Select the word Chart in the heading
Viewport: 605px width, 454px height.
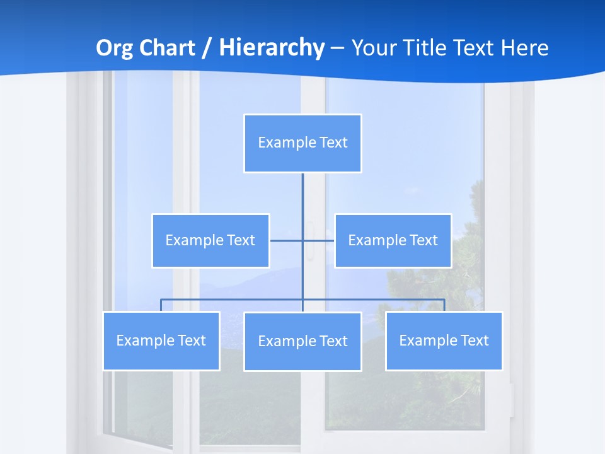tap(164, 48)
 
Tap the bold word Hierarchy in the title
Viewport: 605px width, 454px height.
tap(271, 48)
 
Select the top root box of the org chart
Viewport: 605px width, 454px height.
tap(302, 143)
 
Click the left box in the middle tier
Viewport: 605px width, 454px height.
tap(210, 240)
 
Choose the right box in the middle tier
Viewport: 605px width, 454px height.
tap(393, 240)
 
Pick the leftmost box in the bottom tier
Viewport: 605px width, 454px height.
tap(161, 340)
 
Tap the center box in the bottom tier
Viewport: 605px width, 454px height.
tap(302, 341)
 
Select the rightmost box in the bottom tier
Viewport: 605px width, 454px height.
tap(444, 340)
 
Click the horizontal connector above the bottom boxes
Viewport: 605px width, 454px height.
tap(233, 299)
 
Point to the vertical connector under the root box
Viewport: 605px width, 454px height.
tap(302, 202)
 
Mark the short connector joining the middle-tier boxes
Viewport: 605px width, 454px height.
tap(287, 240)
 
